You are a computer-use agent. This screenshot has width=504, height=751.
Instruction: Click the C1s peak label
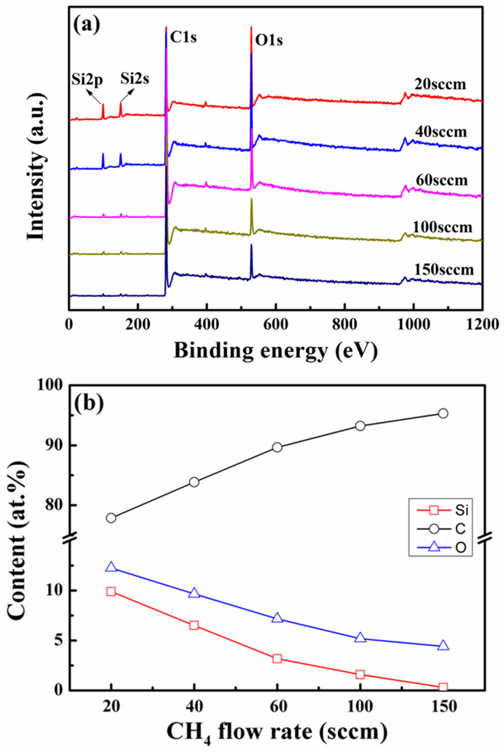point(183,38)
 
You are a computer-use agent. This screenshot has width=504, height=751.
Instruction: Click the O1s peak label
point(269,41)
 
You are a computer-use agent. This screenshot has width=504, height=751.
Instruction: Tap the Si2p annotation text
point(87,79)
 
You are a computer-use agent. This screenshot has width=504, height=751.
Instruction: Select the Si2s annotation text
point(135,79)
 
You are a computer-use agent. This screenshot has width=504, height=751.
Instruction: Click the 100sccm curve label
point(443,227)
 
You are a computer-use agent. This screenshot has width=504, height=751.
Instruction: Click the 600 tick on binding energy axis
point(275,325)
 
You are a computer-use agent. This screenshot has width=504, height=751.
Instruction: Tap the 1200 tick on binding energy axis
point(482,325)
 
